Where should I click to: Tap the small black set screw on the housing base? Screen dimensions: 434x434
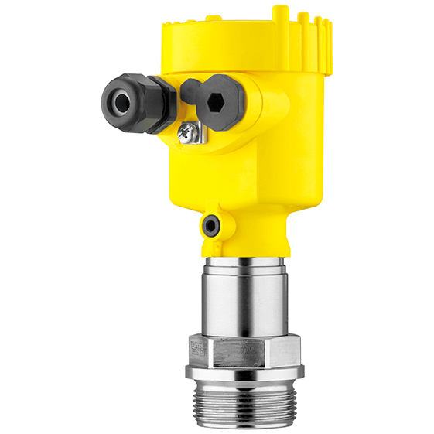click(x=210, y=226)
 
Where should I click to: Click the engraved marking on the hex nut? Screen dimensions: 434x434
click(x=199, y=350)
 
